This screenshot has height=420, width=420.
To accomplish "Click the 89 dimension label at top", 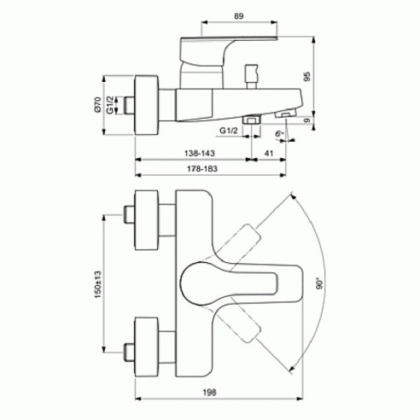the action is [x=239, y=16].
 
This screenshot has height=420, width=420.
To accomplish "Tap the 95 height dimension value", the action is [x=307, y=77].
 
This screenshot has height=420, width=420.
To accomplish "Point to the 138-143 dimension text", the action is [x=200, y=153].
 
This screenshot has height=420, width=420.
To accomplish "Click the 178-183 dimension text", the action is [x=202, y=169].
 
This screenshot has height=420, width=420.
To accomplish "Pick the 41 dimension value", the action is [x=269, y=153].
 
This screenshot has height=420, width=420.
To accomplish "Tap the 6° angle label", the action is [x=280, y=133].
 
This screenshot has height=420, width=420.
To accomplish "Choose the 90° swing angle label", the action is [x=320, y=284].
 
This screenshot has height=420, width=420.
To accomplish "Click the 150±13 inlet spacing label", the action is [x=97, y=284].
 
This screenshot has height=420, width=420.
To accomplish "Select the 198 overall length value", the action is [x=210, y=393].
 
